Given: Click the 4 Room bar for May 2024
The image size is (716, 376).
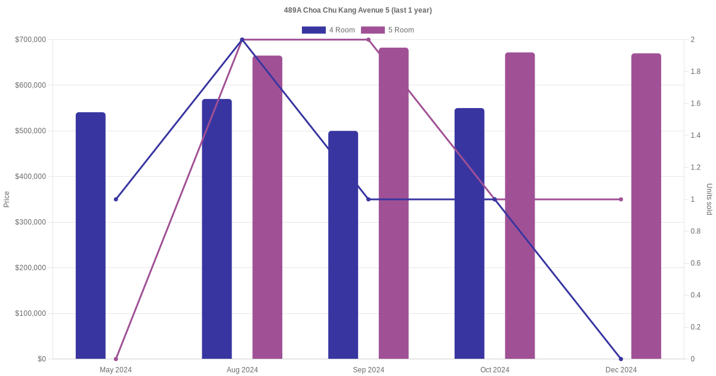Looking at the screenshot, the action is click(x=91, y=236).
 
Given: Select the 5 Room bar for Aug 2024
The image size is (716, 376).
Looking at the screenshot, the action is click(x=267, y=207).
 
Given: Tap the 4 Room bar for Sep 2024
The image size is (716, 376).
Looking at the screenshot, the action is click(x=343, y=245).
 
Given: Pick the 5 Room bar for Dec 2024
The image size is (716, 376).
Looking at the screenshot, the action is click(x=646, y=207).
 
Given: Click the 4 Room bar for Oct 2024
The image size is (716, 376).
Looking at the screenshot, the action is click(x=469, y=233).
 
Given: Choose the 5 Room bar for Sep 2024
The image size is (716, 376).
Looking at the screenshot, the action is click(x=393, y=204).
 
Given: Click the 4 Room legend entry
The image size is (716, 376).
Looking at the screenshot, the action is click(x=328, y=30).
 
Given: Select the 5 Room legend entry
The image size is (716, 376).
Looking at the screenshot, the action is click(x=387, y=30).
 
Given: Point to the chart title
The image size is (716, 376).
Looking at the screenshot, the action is click(x=357, y=10).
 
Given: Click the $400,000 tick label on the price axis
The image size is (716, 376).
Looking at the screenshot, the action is click(x=30, y=177).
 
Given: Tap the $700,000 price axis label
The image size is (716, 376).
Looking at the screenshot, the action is click(x=30, y=39).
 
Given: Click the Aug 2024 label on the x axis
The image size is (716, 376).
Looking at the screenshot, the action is click(x=242, y=370).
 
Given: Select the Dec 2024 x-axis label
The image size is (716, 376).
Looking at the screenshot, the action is click(x=621, y=370).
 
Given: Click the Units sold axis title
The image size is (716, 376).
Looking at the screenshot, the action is click(x=709, y=199).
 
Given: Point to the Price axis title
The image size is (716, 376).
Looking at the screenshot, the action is click(x=7, y=199).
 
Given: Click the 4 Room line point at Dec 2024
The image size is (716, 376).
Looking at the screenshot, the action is click(x=621, y=359).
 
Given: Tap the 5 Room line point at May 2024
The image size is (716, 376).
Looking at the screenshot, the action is click(x=116, y=359).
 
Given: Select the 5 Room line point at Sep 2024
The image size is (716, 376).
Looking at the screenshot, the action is click(x=368, y=39).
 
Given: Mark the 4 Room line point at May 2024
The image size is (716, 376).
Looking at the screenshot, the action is click(x=116, y=199).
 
